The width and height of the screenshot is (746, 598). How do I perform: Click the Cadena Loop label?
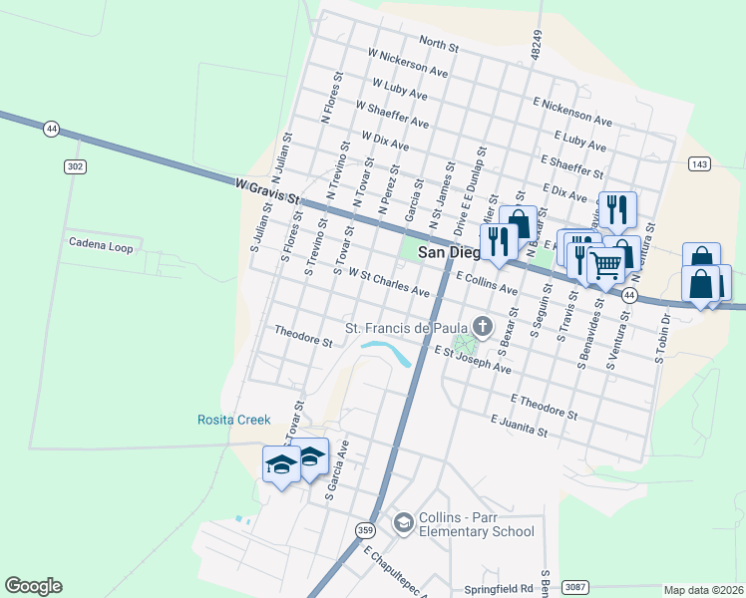tap(101, 243)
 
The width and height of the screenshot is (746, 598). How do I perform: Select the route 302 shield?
tap(74, 166)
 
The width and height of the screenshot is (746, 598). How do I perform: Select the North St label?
tap(438, 44)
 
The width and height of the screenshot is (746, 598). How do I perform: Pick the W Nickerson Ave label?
tap(408, 63)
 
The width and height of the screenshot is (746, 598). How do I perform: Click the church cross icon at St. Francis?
tap(483, 326)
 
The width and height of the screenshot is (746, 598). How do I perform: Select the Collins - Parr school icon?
tap(403, 522)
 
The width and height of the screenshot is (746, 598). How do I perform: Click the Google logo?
tap(33, 586)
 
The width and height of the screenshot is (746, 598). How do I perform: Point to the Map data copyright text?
tap(703, 590)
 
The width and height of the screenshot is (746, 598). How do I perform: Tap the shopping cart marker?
tap(604, 266)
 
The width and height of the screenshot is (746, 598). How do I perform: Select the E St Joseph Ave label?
tap(472, 360)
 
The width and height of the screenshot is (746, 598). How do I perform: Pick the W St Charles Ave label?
tap(388, 286)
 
